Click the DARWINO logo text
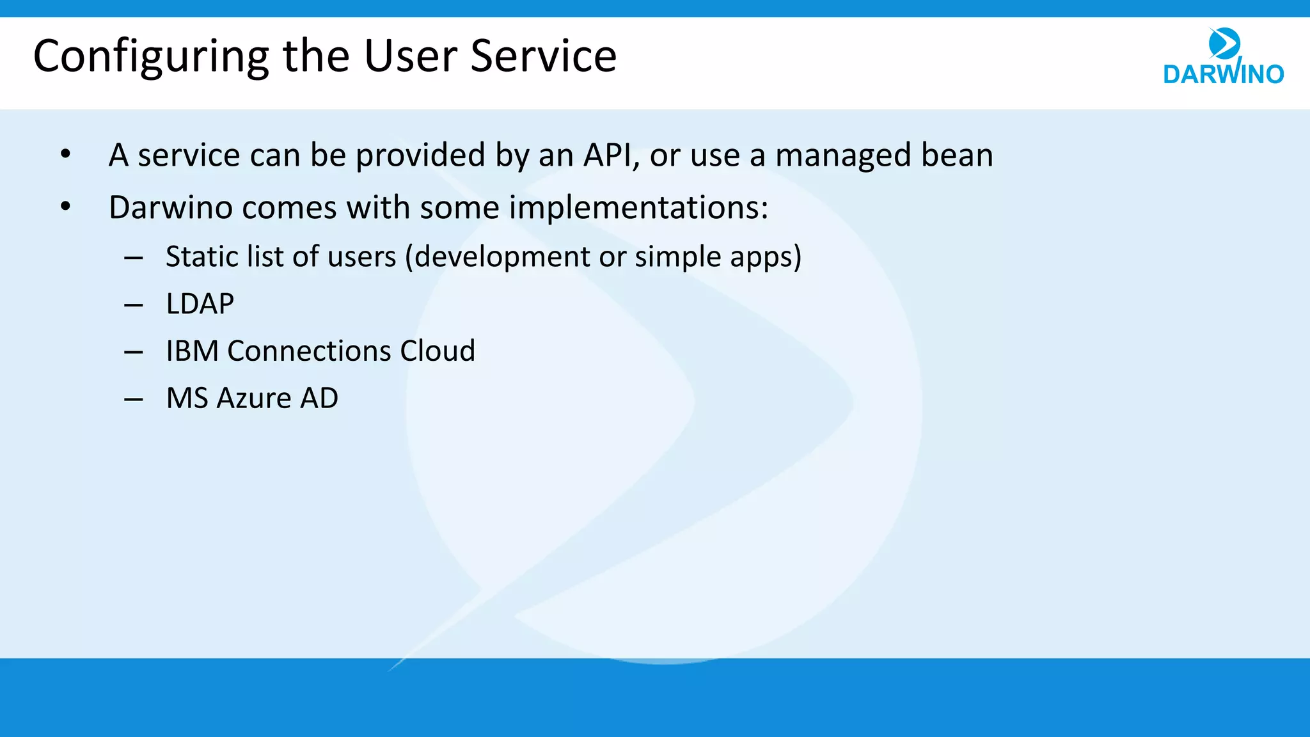(1223, 74)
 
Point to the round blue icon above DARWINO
(1224, 44)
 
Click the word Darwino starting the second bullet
(169, 208)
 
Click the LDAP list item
(200, 304)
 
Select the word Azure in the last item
(254, 399)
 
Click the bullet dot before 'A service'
(65, 154)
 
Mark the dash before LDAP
(133, 306)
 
